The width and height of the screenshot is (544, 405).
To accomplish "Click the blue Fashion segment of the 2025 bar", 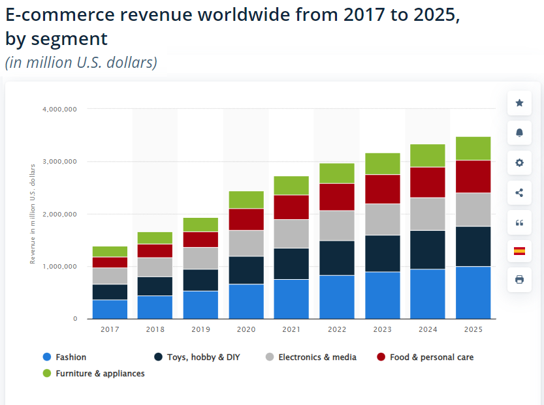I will (x=473, y=292).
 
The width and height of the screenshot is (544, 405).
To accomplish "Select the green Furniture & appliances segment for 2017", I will (x=110, y=251).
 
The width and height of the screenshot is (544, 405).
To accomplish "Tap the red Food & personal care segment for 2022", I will (x=337, y=196).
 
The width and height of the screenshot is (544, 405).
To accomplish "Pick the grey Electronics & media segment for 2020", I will (x=246, y=243).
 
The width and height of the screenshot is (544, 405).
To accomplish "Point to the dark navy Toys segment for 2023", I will (x=383, y=253).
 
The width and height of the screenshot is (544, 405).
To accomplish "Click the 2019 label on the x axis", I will (x=200, y=329).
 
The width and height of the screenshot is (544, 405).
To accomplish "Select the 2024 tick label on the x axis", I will (x=428, y=329).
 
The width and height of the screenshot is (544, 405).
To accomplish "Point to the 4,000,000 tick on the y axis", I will (x=59, y=109).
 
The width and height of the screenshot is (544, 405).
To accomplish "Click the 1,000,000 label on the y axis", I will (x=59, y=267).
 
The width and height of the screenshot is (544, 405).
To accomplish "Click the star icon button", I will (x=519, y=103).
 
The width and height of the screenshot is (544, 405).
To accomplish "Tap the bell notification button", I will (x=519, y=132).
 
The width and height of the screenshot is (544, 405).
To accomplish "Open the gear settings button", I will (x=519, y=162).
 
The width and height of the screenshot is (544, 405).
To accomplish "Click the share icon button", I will (x=519, y=192).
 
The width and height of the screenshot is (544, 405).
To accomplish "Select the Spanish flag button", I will (x=519, y=250).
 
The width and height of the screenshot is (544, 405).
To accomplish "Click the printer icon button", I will (x=519, y=279).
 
